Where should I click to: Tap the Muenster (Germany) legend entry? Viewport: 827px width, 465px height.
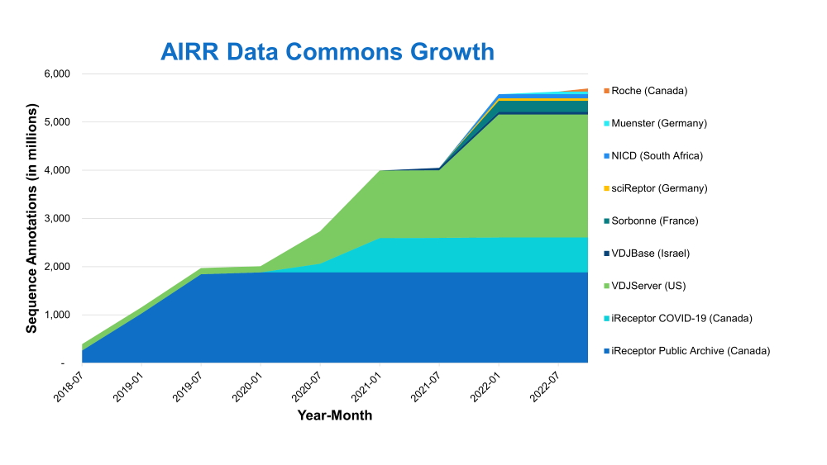point(658,123)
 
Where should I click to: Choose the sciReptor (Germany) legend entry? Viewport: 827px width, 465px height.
point(658,188)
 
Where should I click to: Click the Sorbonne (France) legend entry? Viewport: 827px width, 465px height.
point(654,221)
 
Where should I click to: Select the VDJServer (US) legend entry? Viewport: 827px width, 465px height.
point(648,286)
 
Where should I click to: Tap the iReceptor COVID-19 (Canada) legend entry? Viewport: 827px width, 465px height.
point(681,318)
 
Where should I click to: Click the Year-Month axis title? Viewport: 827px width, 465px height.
point(335,415)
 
